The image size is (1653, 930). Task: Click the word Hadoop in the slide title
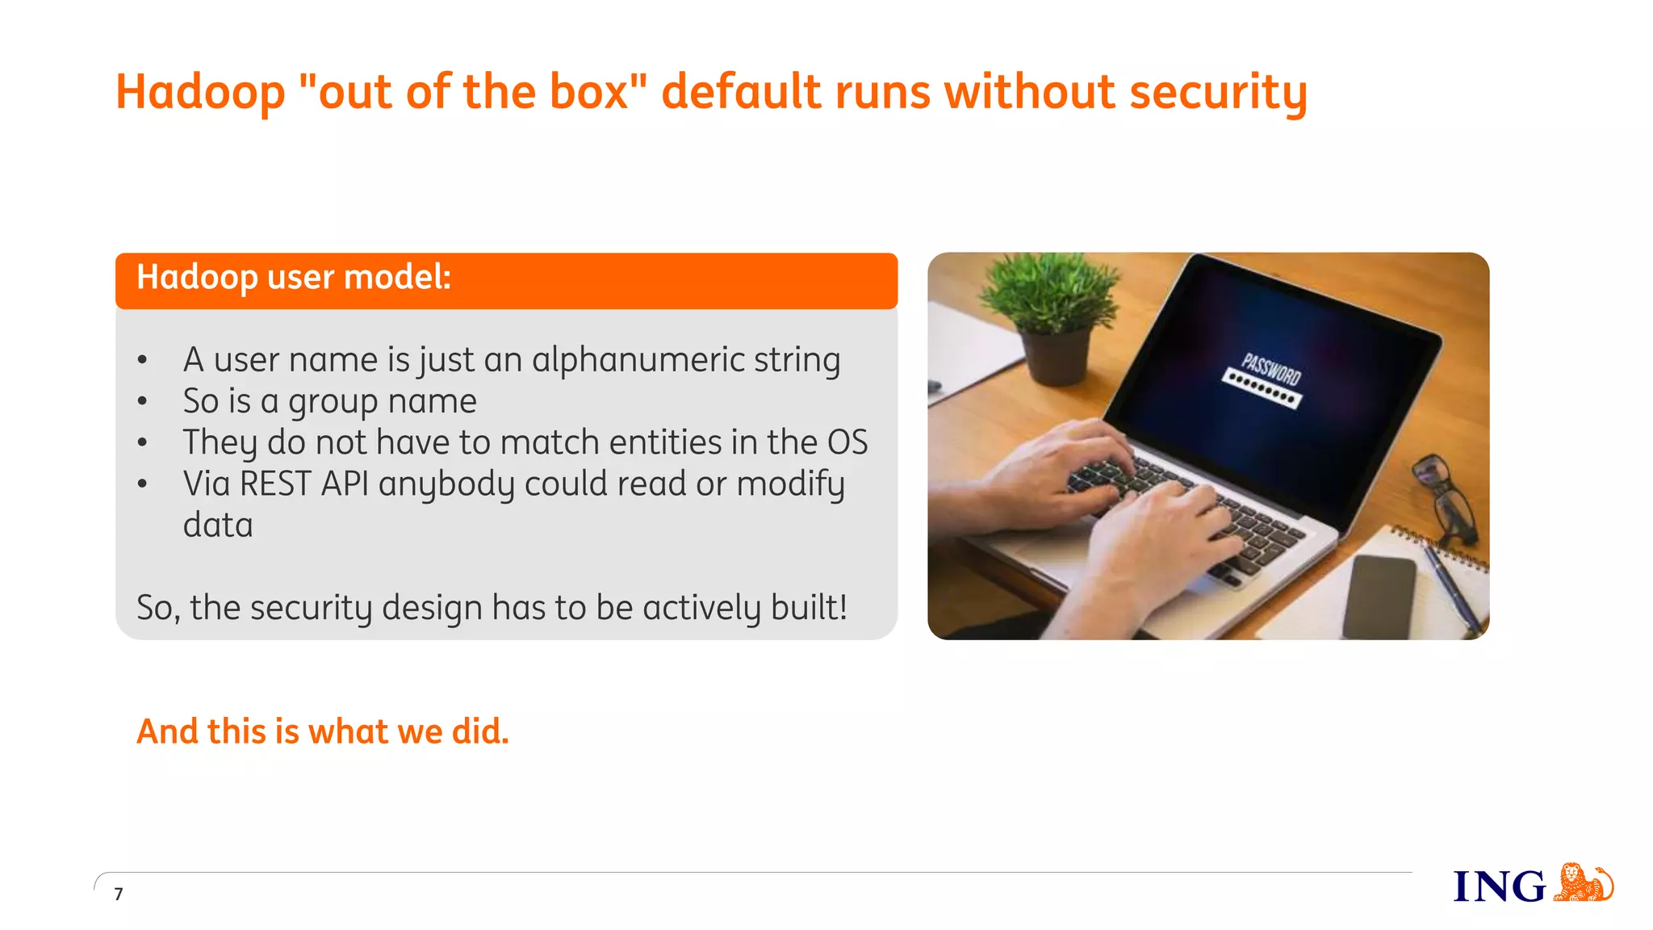(x=200, y=92)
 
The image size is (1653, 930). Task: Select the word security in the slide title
(x=1218, y=92)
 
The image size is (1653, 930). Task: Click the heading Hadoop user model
(x=294, y=278)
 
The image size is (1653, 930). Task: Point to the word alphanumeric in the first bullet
(x=638, y=360)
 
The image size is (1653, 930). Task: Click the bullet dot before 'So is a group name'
(x=143, y=401)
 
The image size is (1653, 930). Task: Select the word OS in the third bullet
(x=847, y=442)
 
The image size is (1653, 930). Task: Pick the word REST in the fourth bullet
(x=275, y=484)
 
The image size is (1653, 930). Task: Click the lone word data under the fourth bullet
(x=218, y=526)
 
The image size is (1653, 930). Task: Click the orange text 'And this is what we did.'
(x=323, y=731)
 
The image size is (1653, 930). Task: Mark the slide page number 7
(x=119, y=894)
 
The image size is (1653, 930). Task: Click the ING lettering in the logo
(x=1499, y=886)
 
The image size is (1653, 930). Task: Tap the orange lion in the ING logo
(x=1583, y=882)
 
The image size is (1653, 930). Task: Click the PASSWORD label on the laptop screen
(x=1271, y=369)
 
